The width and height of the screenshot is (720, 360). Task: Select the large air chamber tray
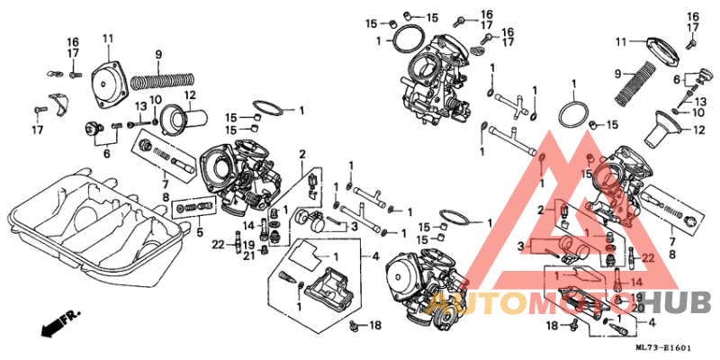pyautogui.click(x=90, y=216)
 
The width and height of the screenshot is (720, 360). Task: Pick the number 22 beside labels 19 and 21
pyautogui.click(x=219, y=244)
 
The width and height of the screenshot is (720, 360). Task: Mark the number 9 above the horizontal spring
pyautogui.click(x=158, y=56)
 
